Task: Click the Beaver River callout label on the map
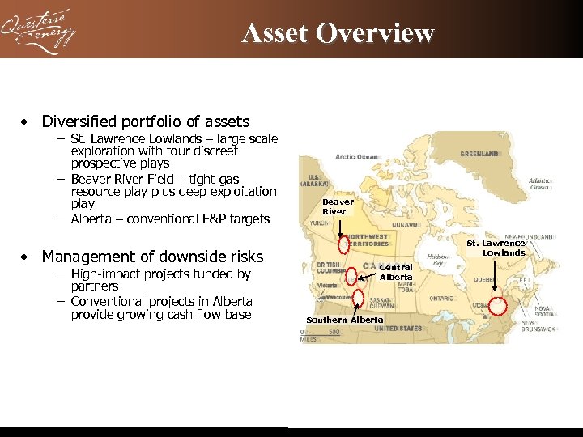[334, 207]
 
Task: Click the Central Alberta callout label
[396, 272]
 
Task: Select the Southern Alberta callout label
[345, 320]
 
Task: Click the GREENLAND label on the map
[479, 153]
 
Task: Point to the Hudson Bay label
[440, 260]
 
